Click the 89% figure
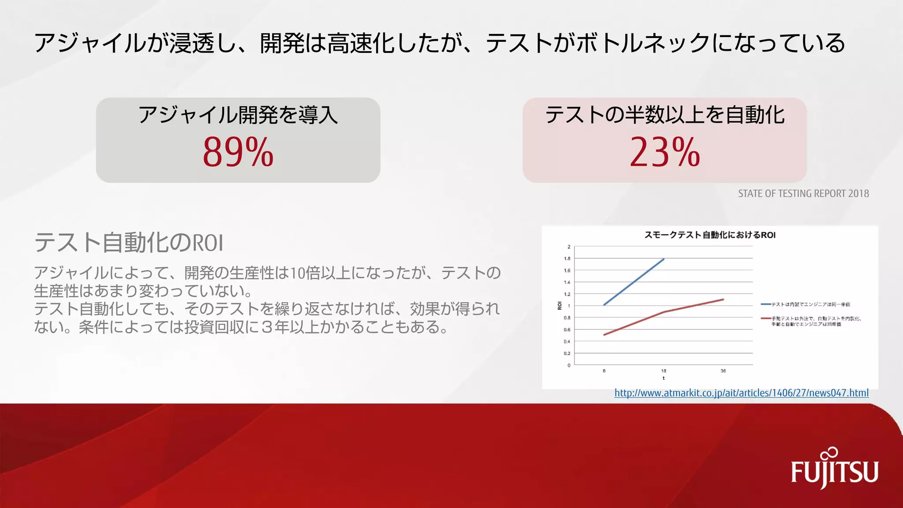[238, 152]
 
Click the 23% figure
[664, 152]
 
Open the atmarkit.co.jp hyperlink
[741, 393]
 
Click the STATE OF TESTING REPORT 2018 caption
[803, 194]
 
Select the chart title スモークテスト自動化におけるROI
[710, 235]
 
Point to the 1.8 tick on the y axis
[567, 259]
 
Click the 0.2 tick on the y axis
[567, 354]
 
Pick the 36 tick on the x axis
[723, 371]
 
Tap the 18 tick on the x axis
[664, 371]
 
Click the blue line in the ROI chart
[634, 282]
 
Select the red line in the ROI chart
[664, 312]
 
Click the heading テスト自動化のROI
[129, 243]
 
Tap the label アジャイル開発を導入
[238, 115]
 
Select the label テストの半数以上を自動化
[664, 115]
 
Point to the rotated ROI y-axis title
[560, 306]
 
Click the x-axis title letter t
[664, 378]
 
